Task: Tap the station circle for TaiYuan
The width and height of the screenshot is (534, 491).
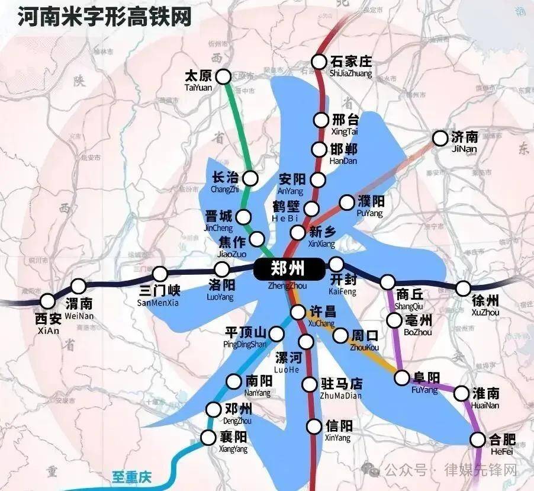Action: click(x=223, y=76)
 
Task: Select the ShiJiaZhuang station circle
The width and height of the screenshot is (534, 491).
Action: click(x=319, y=61)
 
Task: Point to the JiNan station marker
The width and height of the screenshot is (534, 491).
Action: click(x=440, y=138)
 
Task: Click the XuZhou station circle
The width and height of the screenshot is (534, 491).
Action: click(x=463, y=288)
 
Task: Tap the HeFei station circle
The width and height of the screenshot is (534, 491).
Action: click(x=478, y=439)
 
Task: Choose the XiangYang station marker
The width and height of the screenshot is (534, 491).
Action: click(x=208, y=438)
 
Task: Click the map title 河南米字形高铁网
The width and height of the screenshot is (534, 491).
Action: click(x=104, y=17)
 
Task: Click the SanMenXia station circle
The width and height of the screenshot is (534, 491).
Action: click(x=160, y=274)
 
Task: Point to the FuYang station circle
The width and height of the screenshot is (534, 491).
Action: click(x=403, y=377)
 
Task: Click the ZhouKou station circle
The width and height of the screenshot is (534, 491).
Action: click(x=340, y=336)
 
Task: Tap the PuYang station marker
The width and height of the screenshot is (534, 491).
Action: click(x=347, y=203)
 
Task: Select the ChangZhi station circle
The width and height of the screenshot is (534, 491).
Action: click(x=250, y=178)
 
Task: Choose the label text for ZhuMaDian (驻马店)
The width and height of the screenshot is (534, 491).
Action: click(x=340, y=384)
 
